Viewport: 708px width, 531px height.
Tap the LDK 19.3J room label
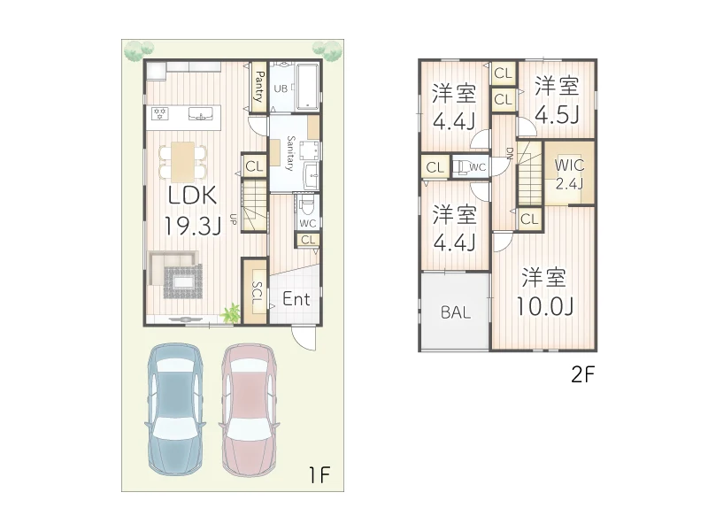coord(191,211)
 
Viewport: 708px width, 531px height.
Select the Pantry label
coord(258,88)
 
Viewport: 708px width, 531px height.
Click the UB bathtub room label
coord(280,88)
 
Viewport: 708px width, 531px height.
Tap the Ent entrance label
coord(296,300)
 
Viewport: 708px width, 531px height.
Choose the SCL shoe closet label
coord(255,295)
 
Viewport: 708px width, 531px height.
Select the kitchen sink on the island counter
coord(202,113)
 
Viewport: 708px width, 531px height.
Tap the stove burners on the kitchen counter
coord(160,113)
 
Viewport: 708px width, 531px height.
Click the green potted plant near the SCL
coord(232,312)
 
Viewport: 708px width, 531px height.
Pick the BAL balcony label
coord(455,312)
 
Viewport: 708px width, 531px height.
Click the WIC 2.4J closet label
coord(568,173)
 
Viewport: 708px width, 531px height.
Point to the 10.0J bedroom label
coord(544,292)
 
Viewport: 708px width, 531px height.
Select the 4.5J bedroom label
coord(558,101)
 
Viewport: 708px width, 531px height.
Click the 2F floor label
coord(584,373)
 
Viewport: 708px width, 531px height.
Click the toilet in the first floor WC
coord(306,208)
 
